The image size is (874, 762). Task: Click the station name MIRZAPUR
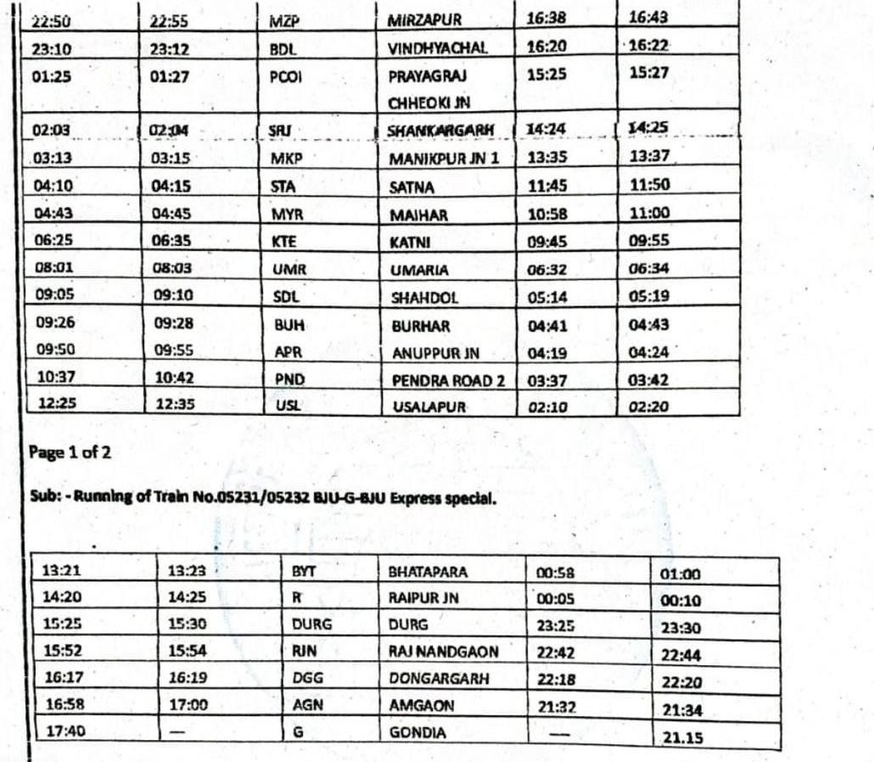(x=424, y=20)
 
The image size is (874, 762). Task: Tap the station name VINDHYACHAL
(x=437, y=48)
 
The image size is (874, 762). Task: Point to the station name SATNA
(x=412, y=188)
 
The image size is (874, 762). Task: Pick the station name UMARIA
(x=419, y=270)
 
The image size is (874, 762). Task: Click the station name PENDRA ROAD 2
(x=447, y=381)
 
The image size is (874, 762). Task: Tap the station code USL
(x=288, y=406)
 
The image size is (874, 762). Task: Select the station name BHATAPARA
(x=428, y=572)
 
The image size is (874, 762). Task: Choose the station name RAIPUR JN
(x=423, y=597)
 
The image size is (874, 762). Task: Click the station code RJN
(x=303, y=652)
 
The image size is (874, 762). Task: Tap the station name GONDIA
(x=417, y=733)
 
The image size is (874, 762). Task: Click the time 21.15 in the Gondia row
(x=682, y=738)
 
